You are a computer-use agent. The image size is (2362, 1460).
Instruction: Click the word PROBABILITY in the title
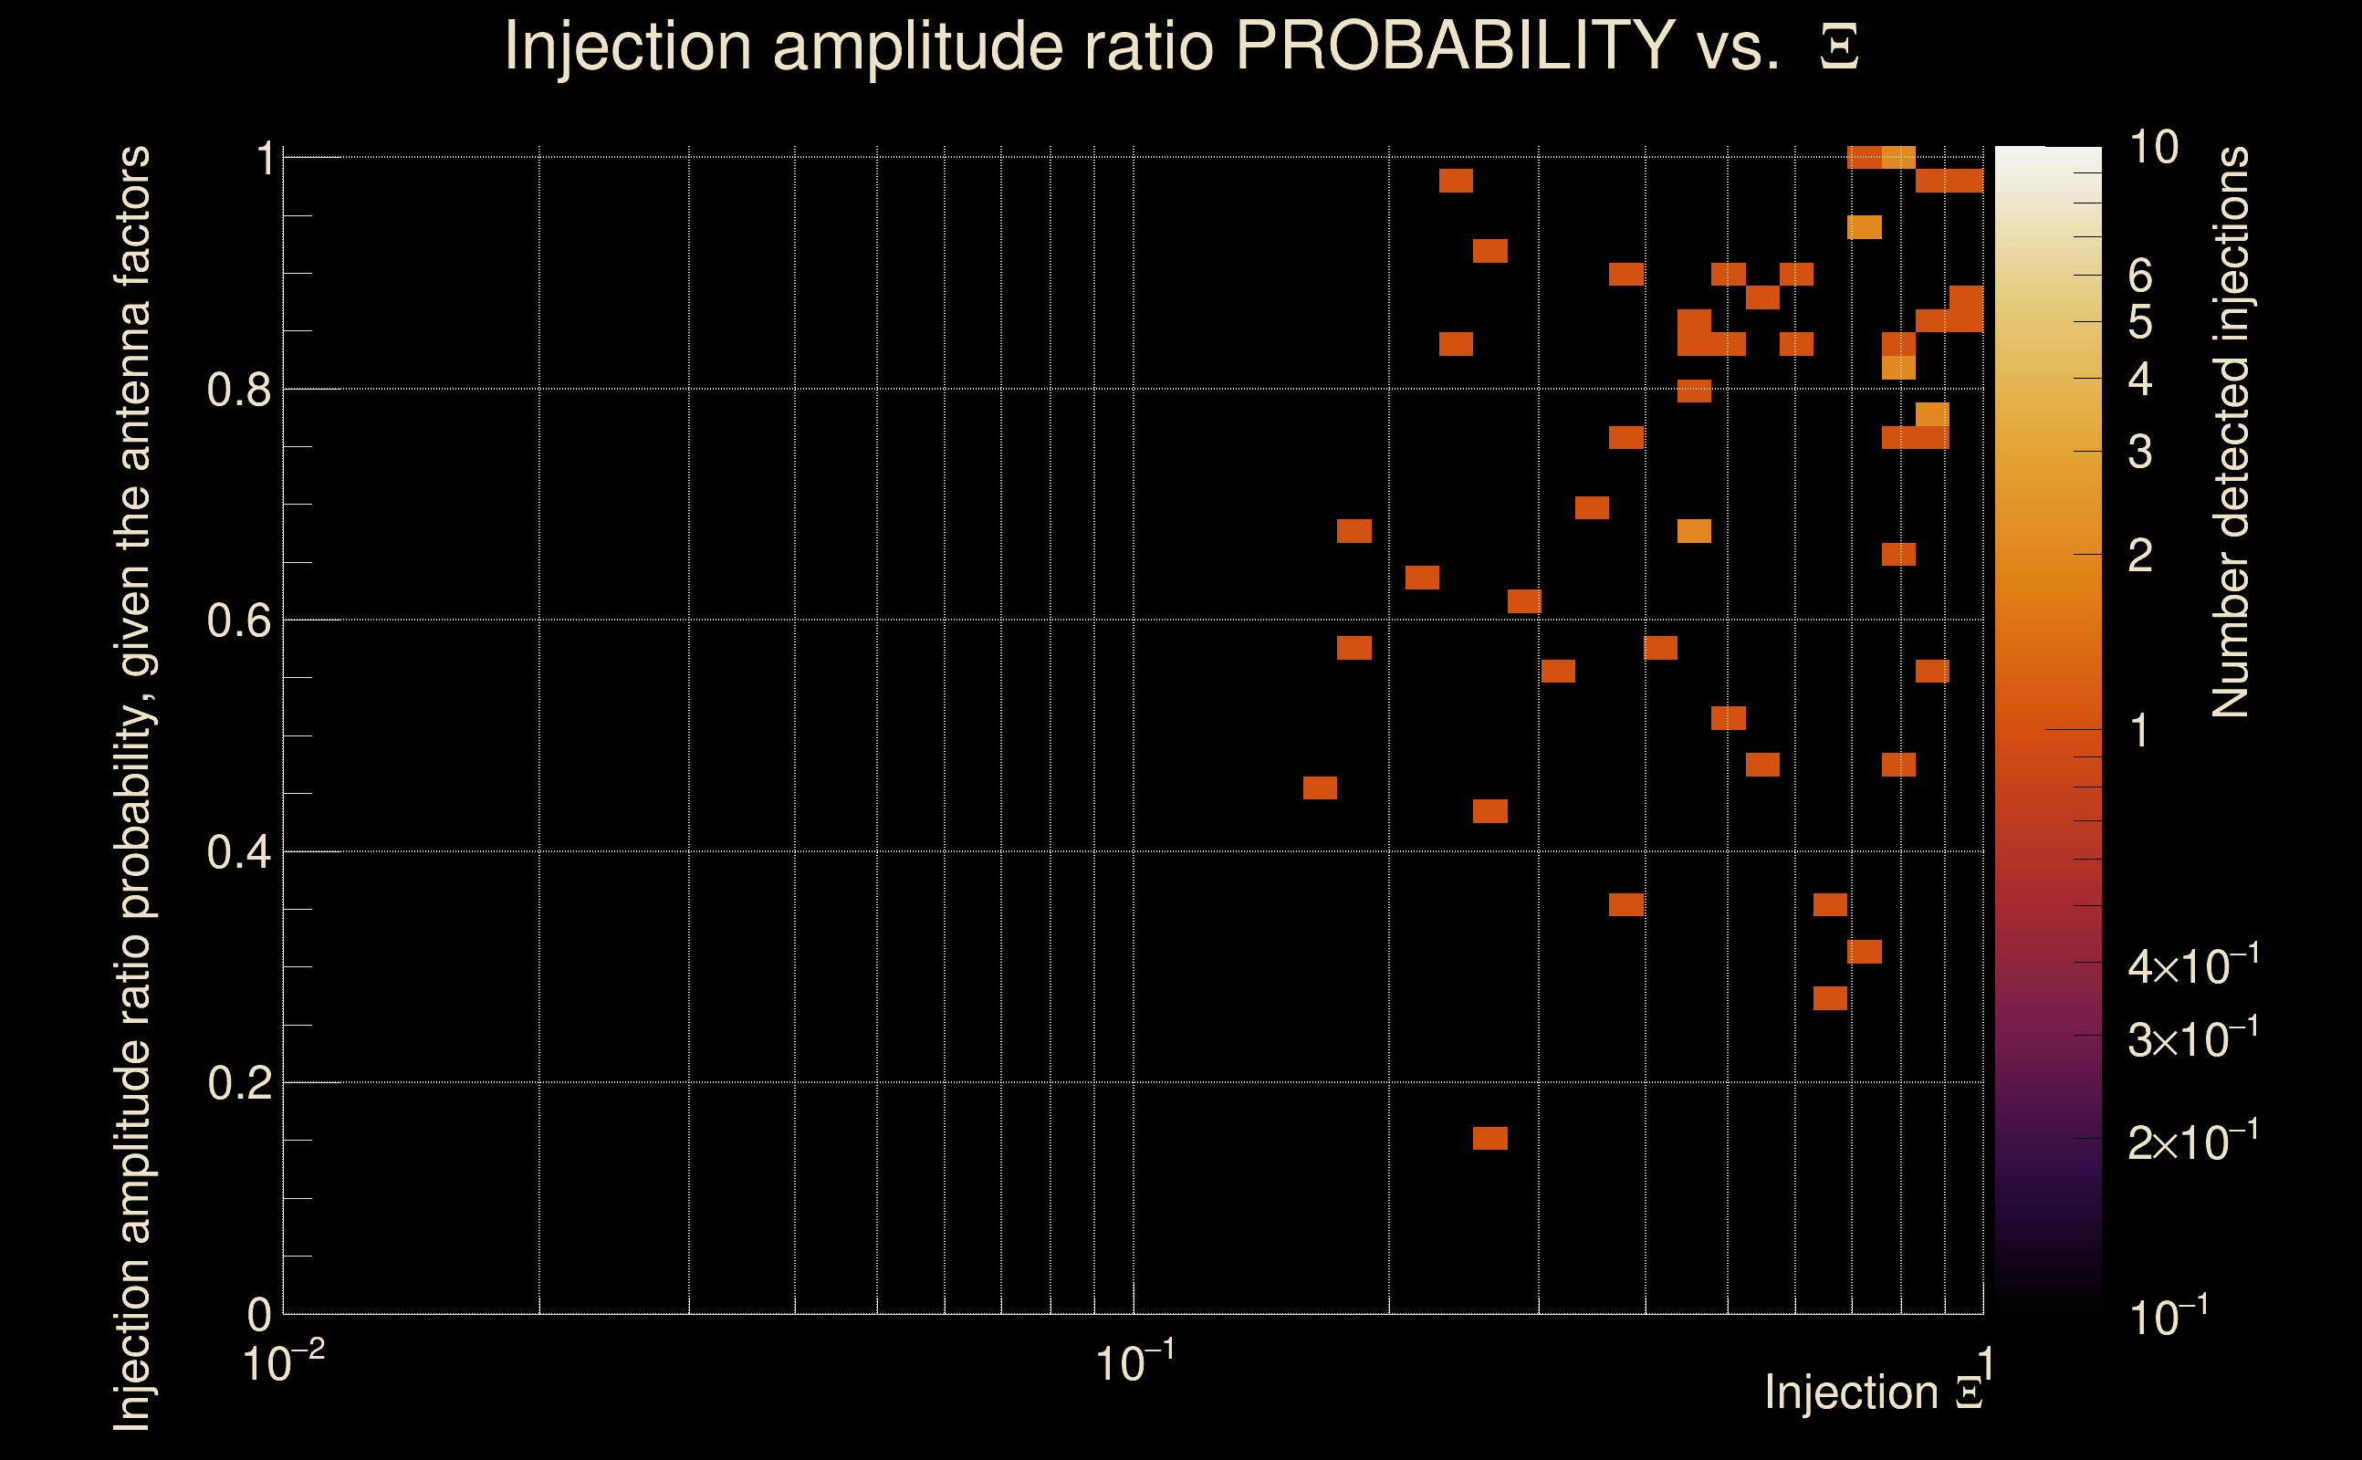[1454, 46]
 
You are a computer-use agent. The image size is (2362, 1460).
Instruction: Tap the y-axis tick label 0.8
[238, 391]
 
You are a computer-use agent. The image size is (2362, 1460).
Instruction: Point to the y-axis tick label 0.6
[238, 620]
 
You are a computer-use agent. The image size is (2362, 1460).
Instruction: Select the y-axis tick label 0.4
[238, 852]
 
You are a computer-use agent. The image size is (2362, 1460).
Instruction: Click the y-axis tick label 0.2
[238, 1083]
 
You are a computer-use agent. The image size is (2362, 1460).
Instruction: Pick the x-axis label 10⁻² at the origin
[282, 1362]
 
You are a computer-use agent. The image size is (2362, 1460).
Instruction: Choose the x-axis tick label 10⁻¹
[1134, 1362]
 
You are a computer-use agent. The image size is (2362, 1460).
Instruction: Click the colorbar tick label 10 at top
[2152, 148]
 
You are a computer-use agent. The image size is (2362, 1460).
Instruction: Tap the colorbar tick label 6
[2140, 276]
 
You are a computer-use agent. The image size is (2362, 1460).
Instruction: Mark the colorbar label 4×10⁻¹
[2192, 965]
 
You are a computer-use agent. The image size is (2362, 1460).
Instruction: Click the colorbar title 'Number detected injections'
[2230, 432]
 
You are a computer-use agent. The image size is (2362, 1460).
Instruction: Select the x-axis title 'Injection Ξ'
[1873, 1392]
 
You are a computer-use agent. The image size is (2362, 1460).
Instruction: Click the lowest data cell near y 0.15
[1490, 1139]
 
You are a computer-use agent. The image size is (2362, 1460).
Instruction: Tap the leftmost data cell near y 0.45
[1320, 787]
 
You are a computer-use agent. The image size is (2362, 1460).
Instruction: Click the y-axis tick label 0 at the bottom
[259, 1314]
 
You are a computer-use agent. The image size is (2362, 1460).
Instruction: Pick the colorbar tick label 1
[2140, 731]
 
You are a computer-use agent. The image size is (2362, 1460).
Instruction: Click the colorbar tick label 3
[2140, 451]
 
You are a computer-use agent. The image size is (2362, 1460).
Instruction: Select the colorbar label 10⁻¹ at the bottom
[2167, 1316]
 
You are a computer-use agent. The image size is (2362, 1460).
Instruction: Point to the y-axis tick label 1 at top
[264, 159]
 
